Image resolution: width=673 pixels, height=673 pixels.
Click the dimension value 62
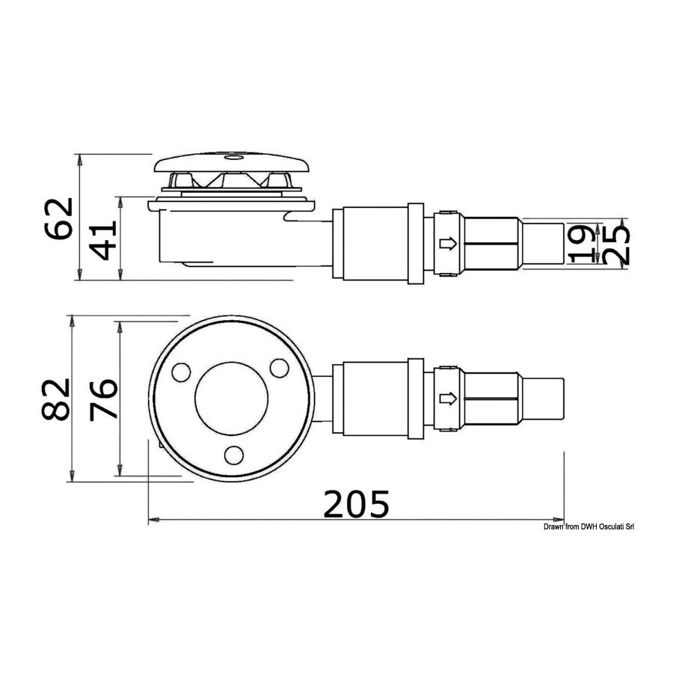[58, 218]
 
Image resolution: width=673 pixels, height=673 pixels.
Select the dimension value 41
[104, 240]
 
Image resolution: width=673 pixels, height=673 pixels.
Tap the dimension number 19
[581, 243]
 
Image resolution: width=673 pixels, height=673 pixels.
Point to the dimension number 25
[615, 243]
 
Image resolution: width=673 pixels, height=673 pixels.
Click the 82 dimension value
[55, 399]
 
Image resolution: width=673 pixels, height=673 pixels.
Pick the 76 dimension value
[103, 399]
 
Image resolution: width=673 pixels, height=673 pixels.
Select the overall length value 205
[356, 504]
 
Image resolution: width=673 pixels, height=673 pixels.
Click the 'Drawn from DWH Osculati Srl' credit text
[589, 526]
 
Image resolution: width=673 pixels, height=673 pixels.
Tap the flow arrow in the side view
[448, 244]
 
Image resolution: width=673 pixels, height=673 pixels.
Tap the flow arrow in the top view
[448, 399]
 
